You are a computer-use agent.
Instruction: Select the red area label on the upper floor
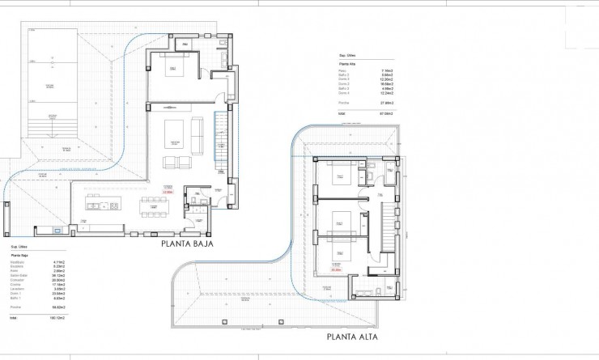[335, 269]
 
